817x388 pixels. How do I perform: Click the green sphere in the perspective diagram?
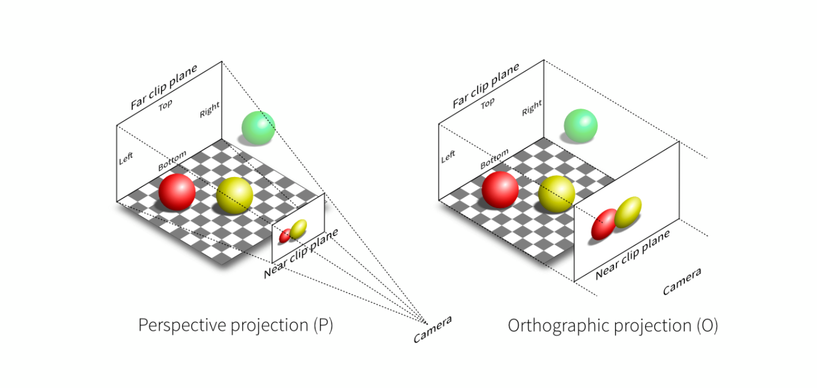pos(258,128)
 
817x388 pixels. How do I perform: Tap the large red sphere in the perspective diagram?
pos(177,192)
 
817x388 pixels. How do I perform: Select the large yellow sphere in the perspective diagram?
pos(235,195)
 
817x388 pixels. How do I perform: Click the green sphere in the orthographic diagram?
pos(581,126)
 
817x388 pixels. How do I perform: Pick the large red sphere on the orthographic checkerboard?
pos(500,190)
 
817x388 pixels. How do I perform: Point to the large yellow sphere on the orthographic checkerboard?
pos(557,194)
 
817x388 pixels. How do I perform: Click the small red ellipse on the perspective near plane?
pos(285,235)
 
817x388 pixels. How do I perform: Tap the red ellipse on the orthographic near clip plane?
pos(604,224)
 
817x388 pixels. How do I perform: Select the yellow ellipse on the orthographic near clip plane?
pos(628,212)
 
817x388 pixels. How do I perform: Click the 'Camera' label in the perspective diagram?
pos(433,330)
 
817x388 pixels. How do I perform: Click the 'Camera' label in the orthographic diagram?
pos(682,281)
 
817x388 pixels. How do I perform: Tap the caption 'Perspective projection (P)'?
pos(236,325)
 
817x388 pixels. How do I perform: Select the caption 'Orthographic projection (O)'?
pos(613,325)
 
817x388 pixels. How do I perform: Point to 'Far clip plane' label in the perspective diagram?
pos(164,86)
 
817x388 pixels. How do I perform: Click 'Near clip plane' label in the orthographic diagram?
pos(633,255)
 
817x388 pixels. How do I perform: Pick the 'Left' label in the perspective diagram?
pos(126,158)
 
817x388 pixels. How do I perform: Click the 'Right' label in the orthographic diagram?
pos(532,108)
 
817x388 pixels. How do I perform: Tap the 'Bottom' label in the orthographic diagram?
pos(494,159)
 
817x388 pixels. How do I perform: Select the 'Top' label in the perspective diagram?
pos(166,105)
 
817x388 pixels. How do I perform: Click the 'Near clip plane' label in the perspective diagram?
pos(301,253)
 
